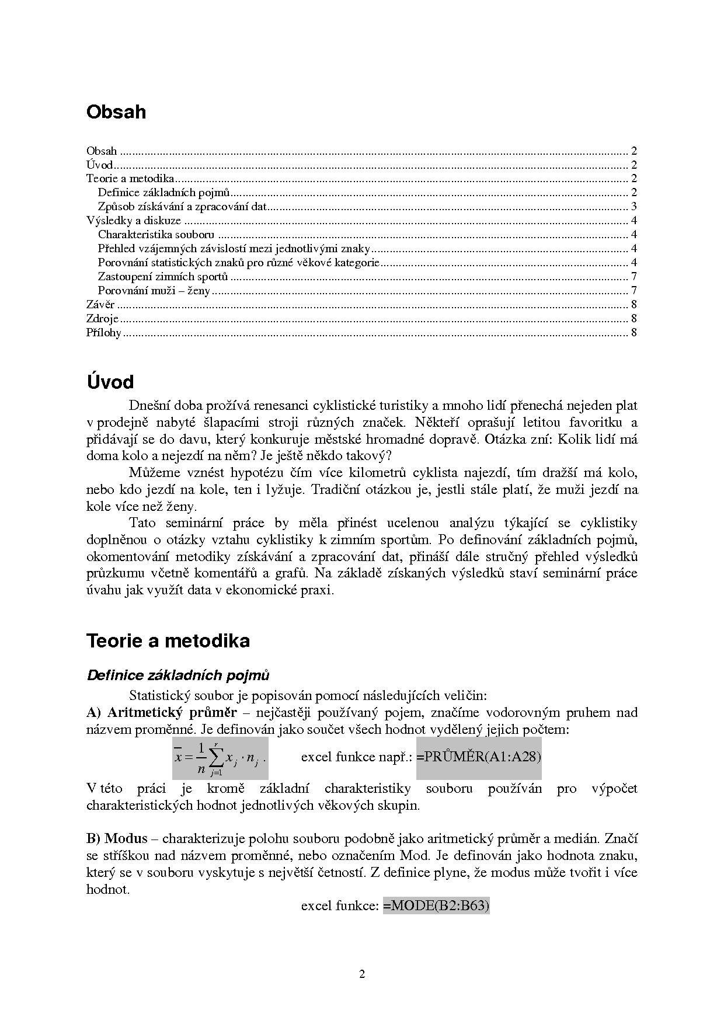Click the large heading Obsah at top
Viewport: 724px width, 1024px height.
[116, 112]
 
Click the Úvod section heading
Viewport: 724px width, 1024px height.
[110, 382]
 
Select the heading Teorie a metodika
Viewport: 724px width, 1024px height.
[168, 640]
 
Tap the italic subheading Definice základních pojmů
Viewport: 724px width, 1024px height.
[178, 675]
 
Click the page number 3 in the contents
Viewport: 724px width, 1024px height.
[633, 207]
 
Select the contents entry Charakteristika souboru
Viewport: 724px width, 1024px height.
[156, 235]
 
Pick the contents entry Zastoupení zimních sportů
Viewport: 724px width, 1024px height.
[163, 277]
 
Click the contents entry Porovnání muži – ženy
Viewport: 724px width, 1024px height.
[154, 291]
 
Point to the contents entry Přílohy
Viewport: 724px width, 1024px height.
[104, 333]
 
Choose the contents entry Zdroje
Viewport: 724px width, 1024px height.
[102, 319]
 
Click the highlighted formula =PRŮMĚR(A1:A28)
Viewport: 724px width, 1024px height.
[479, 757]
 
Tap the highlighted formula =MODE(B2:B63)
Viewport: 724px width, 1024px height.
[436, 906]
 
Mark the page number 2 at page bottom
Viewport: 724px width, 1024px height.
[362, 974]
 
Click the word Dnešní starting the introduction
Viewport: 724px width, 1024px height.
[148, 405]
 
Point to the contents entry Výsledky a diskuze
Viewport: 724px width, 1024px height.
[134, 221]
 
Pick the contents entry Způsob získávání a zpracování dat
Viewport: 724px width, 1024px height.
[182, 207]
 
